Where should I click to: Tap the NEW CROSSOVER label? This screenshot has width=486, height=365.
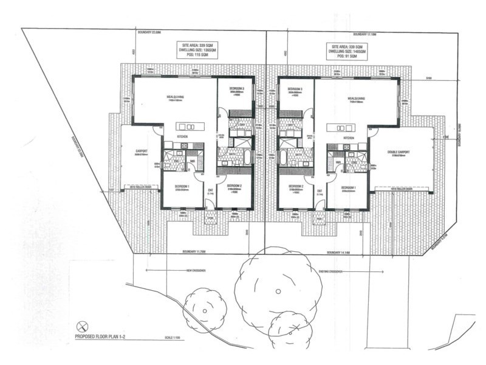point(197,271)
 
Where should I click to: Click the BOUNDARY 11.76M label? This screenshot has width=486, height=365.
point(198,252)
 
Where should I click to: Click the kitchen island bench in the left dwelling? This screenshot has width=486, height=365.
point(190,127)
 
